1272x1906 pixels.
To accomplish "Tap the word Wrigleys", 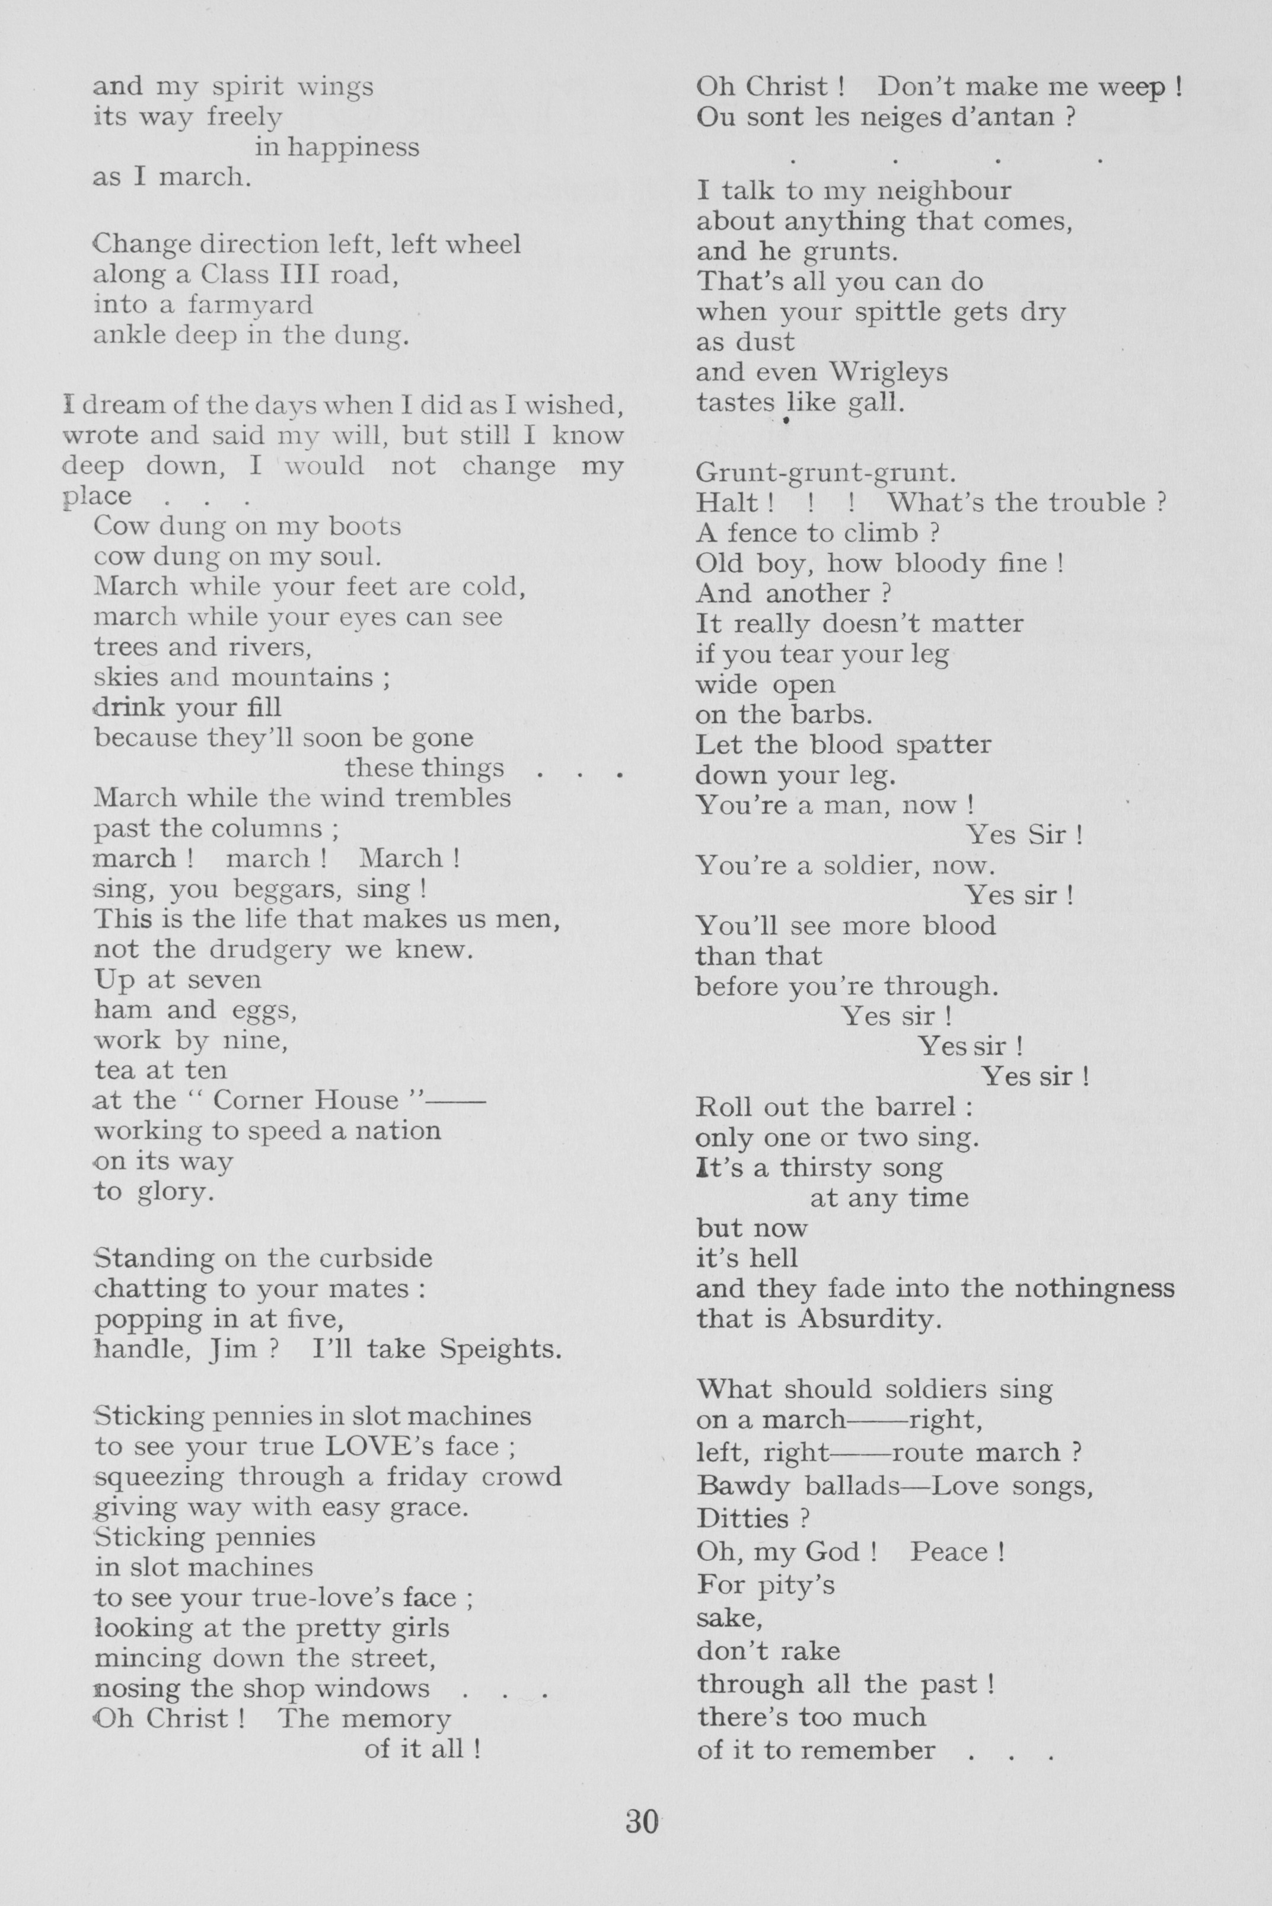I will coord(888,371).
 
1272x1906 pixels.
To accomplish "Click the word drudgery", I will coord(270,949).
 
